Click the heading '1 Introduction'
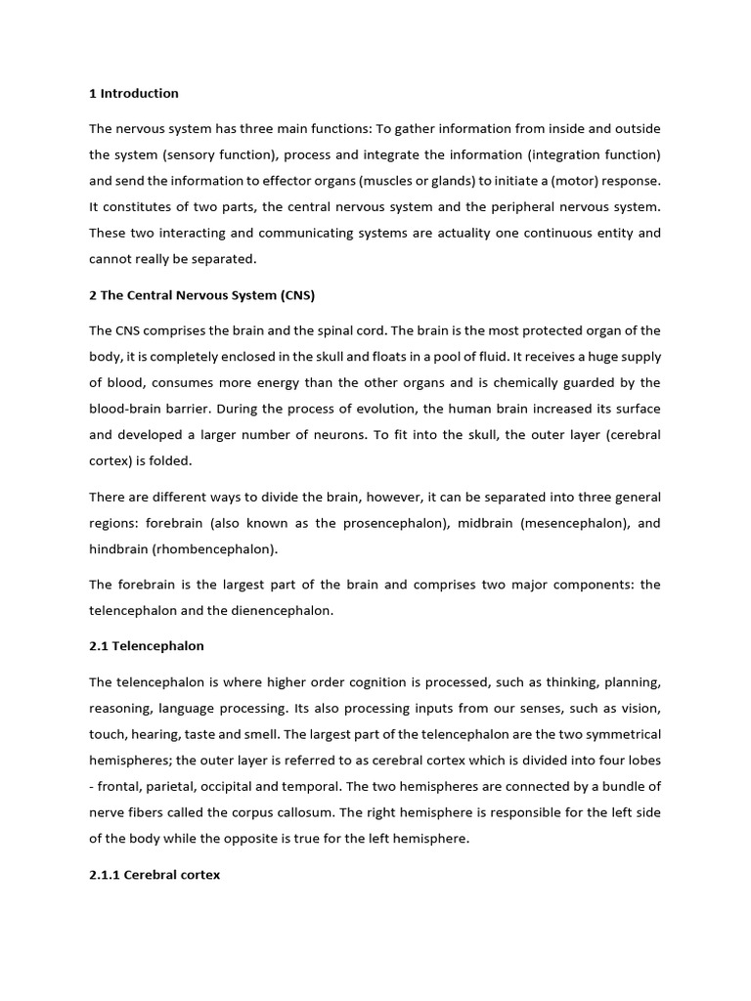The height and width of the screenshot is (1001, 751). point(134,94)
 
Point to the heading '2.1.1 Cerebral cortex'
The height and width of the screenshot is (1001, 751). point(155,875)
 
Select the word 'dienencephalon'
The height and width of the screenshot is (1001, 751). point(285,610)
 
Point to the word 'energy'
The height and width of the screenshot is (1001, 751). point(281,382)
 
